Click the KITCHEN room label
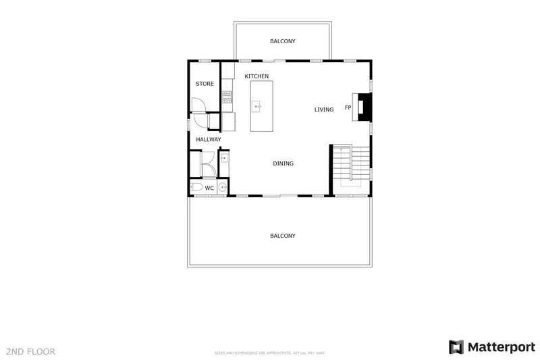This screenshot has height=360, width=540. click(256, 76)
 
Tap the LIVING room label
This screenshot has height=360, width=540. click(324, 109)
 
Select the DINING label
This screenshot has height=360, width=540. click(283, 163)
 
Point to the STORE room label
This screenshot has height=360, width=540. click(205, 84)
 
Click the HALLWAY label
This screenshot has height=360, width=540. click(209, 140)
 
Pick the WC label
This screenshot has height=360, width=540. click(209, 188)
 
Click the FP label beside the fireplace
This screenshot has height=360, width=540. click(348, 108)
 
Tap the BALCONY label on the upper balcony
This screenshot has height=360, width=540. click(282, 41)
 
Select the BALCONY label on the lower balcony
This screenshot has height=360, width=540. click(282, 236)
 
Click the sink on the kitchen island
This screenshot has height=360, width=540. click(257, 106)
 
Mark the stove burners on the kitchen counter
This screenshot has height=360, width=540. click(227, 97)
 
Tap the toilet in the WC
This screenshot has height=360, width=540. click(195, 187)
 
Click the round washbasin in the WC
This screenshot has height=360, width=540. click(222, 188)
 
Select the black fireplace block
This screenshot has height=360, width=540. click(364, 107)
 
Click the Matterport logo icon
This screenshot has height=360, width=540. click(457, 346)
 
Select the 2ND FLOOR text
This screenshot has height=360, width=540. click(30, 351)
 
